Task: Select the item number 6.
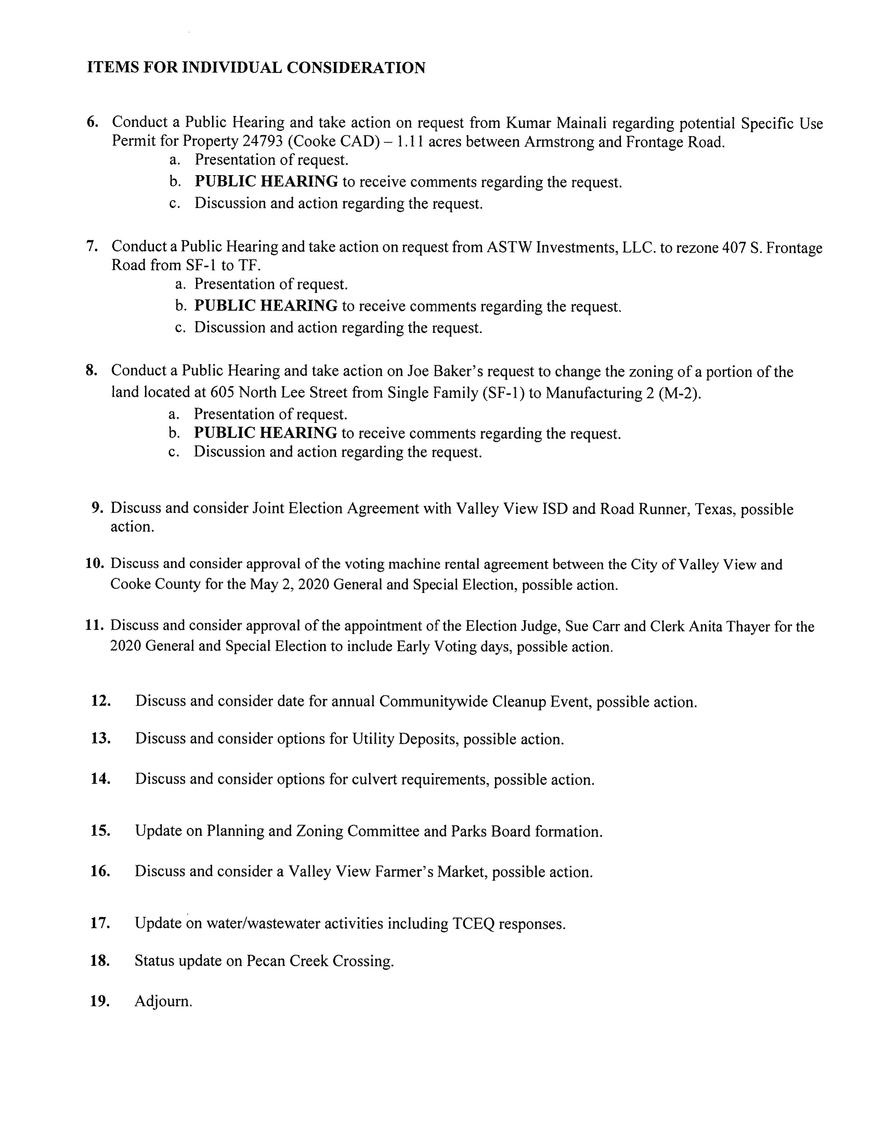(x=92, y=122)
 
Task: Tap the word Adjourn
(x=163, y=1001)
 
